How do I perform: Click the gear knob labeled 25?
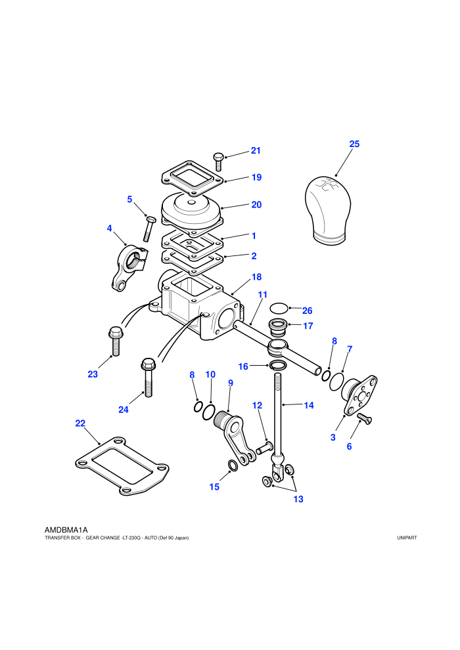coord(328,211)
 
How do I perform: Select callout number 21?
coord(256,151)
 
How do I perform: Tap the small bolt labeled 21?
coord(219,162)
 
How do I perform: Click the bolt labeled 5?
coord(149,228)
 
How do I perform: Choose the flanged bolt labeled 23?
coord(115,341)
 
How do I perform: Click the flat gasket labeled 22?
coord(122,466)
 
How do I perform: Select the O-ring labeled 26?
coord(279,309)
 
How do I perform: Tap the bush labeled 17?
coord(279,328)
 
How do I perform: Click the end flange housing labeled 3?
coord(359,395)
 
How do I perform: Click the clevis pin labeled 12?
coord(264,448)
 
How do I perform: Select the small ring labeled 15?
coord(233,466)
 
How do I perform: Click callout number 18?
coord(256,277)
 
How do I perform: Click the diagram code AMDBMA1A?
coord(66,530)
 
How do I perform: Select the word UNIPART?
coord(407,538)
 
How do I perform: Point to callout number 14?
coord(309,405)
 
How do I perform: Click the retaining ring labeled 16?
coord(277,365)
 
